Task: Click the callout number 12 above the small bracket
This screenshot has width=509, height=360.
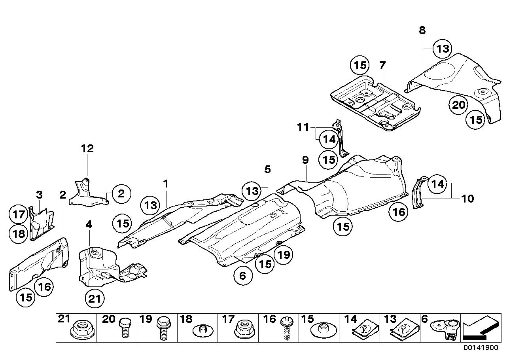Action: pos(87,149)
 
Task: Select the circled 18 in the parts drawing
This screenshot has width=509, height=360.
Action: pos(18,234)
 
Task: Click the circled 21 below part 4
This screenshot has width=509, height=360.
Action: pos(95,299)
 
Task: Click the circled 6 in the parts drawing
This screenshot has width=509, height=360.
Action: pos(243,276)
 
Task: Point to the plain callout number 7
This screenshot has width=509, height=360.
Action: pos(382,66)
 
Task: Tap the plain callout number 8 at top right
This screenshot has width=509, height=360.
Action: pos(422,30)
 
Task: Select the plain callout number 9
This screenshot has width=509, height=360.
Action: pos(305,161)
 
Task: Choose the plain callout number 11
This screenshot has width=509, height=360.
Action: pos(303,127)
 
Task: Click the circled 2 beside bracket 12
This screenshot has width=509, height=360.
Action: pos(121,194)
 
